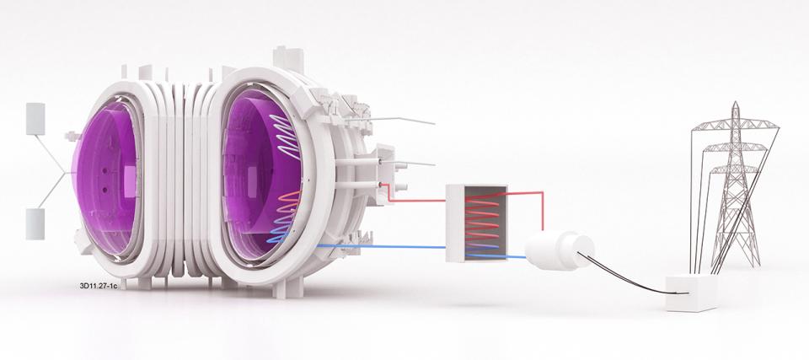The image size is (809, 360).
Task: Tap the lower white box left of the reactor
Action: coord(35,223)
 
